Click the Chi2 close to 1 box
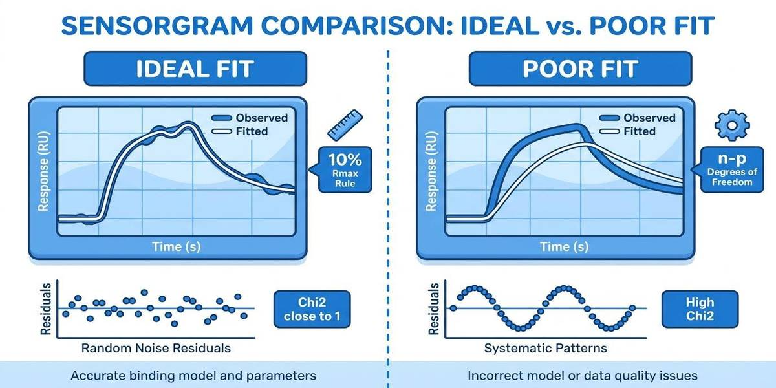click(312, 308)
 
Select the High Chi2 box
click(700, 308)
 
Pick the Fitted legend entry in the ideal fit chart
click(249, 131)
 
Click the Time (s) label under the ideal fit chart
click(176, 246)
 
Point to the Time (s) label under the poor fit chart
click(564, 246)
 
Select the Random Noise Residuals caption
click(155, 348)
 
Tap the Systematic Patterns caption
click(546, 348)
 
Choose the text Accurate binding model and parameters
click(193, 375)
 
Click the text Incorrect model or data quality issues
click(582, 375)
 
